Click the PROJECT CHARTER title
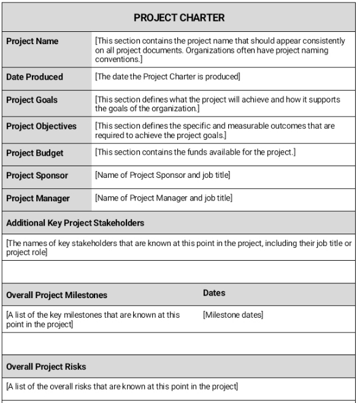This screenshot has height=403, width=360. click(179, 18)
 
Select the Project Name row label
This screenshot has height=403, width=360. click(33, 42)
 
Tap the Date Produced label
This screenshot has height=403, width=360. click(34, 77)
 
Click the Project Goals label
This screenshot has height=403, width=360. click(32, 101)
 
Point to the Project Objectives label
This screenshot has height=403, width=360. click(41, 126)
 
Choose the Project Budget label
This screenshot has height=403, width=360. click(34, 153)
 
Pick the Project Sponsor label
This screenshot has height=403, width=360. click(37, 175)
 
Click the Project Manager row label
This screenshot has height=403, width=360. click(37, 198)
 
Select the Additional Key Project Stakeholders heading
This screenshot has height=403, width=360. click(75, 223)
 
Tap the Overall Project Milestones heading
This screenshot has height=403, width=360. click(56, 295)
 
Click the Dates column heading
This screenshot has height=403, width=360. click(214, 293)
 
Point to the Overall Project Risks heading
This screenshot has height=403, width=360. click(46, 367)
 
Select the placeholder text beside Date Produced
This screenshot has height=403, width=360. click(167, 77)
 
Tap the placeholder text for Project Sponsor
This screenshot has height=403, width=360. click(163, 175)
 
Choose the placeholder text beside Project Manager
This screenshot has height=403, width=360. click(163, 198)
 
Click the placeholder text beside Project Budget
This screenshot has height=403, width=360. click(195, 152)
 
